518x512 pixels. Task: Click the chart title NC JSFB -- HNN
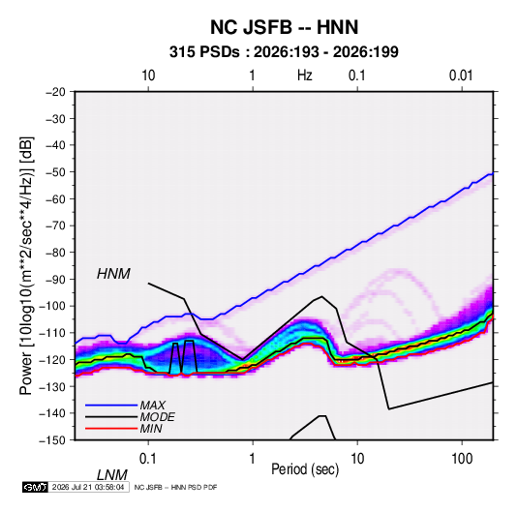(x=284, y=27)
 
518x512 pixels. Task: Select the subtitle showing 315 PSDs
(x=284, y=52)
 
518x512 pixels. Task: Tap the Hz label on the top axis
(x=305, y=75)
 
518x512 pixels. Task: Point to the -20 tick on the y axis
(x=55, y=92)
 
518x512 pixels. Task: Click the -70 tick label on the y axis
(x=55, y=226)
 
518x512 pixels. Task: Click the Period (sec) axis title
(x=305, y=469)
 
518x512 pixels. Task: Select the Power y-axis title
(x=26, y=266)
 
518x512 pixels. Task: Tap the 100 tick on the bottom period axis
(x=462, y=459)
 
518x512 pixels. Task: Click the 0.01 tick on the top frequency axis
(x=461, y=75)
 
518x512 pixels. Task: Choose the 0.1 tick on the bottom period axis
(x=148, y=459)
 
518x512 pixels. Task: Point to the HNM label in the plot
(x=113, y=274)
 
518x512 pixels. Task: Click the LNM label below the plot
(x=111, y=475)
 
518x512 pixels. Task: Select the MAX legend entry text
(x=152, y=406)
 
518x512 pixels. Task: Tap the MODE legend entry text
(x=157, y=417)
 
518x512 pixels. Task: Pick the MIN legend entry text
(x=151, y=429)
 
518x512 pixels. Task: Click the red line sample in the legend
(x=111, y=429)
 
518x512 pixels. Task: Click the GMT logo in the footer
(x=35, y=487)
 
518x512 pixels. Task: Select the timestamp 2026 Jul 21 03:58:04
(x=88, y=487)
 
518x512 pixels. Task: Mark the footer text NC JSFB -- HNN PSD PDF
(x=175, y=487)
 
